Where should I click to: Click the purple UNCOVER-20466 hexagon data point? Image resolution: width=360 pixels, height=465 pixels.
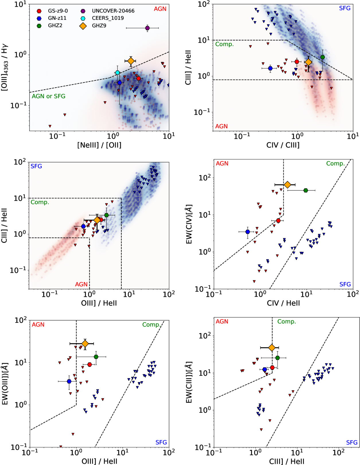coord(147,28)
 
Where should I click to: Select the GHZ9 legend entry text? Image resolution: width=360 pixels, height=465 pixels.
coord(99,26)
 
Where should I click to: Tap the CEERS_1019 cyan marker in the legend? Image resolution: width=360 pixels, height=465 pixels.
coord(83,18)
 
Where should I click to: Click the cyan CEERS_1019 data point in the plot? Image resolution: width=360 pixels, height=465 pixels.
coord(117,73)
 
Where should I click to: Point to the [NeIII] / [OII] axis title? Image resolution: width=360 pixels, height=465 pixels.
coord(99,145)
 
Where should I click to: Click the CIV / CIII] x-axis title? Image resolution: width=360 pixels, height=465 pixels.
coord(283,145)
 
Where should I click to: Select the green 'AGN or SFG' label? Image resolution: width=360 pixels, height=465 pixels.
coord(48,96)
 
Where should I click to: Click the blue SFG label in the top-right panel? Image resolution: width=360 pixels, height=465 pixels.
coord(345,8)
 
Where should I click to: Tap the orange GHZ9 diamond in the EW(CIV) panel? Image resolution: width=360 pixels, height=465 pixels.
coord(287,185)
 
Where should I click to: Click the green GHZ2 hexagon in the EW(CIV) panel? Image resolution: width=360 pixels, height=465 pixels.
coord(306,190)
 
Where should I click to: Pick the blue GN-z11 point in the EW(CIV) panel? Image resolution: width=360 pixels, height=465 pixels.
coord(248,232)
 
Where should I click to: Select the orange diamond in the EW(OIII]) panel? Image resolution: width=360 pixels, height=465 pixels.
coord(85,343)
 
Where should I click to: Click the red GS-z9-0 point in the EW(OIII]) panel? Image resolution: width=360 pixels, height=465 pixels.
coord(90,364)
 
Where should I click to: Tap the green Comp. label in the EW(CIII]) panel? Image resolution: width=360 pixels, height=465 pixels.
coord(286,322)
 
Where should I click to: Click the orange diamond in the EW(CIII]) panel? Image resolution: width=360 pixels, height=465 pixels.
coord(272,348)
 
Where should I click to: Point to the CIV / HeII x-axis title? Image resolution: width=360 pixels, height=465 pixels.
coord(283,303)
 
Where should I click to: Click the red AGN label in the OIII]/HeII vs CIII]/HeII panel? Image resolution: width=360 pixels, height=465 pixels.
coord(81,284)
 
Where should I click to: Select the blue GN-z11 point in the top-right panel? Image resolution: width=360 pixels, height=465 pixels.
coord(270,68)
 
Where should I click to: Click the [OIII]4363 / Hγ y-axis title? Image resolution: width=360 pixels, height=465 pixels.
coord(5,68)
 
